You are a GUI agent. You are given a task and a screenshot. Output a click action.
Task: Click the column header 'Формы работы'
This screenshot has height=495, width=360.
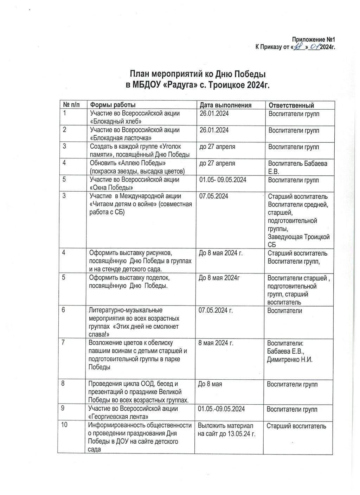pyautogui.click(x=112, y=105)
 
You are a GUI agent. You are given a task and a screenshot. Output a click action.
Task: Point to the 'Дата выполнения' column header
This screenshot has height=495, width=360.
pyautogui.click(x=225, y=105)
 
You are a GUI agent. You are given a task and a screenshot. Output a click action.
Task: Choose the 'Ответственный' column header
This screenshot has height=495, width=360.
pyautogui.click(x=291, y=105)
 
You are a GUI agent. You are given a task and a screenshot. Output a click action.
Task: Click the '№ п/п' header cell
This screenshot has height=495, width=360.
pyautogui.click(x=71, y=105)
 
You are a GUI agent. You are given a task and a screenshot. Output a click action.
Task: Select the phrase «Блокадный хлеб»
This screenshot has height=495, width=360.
pyautogui.click(x=116, y=122)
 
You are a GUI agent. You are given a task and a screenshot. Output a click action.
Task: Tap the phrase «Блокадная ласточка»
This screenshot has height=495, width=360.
pyautogui.click(x=121, y=138)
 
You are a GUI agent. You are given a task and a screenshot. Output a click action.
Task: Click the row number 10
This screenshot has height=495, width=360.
pyautogui.click(x=65, y=425)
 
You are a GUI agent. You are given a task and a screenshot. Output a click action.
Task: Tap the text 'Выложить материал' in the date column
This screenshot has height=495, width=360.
pyautogui.click(x=226, y=426)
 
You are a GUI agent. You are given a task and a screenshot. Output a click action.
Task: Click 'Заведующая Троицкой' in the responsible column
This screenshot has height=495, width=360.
pyautogui.click(x=298, y=237)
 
